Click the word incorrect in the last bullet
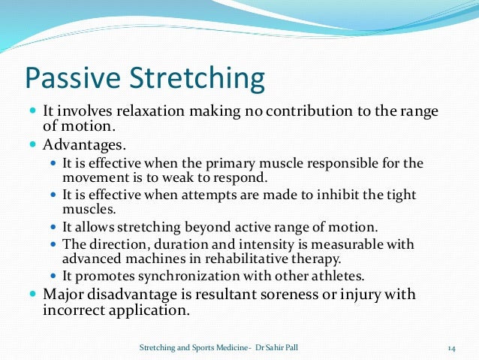click(x=77, y=308)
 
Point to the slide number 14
click(x=452, y=348)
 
